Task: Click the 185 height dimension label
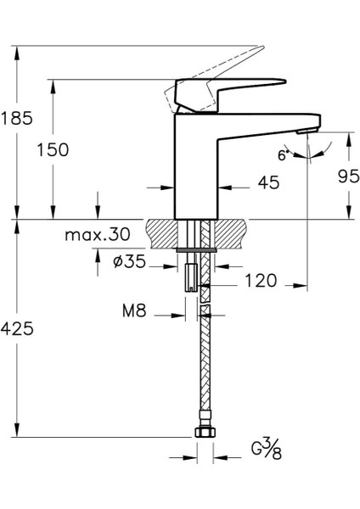17,118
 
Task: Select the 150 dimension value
53,150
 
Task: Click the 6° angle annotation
281,154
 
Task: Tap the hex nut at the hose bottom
203,433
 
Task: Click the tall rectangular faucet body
196,161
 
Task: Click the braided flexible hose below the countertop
203,365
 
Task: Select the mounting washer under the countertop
197,249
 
